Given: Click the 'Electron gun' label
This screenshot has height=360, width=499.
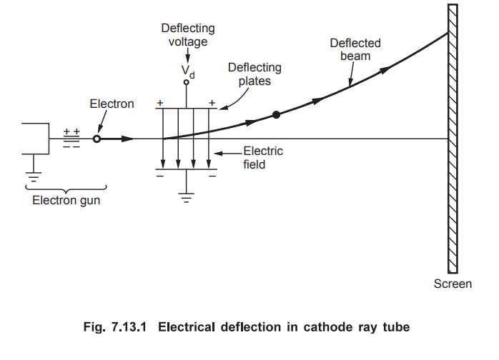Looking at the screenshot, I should tap(66, 201).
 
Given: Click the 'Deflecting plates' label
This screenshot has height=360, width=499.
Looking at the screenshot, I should tap(255, 74).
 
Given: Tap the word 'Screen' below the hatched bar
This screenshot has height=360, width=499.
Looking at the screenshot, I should tap(453, 284).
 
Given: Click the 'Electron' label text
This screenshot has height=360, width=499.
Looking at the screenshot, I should tap(112, 104).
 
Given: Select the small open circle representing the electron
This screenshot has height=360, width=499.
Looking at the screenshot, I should tap(97, 139).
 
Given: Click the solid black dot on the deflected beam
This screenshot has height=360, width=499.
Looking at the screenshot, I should tap(276, 114).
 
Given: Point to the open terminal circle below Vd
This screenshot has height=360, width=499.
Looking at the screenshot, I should tap(187, 83).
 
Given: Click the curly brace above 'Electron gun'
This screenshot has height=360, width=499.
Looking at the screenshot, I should tap(66, 188).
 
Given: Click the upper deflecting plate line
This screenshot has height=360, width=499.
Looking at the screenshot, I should tap(186, 109).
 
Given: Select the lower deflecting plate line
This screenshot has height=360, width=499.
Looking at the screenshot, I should tap(186, 169).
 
